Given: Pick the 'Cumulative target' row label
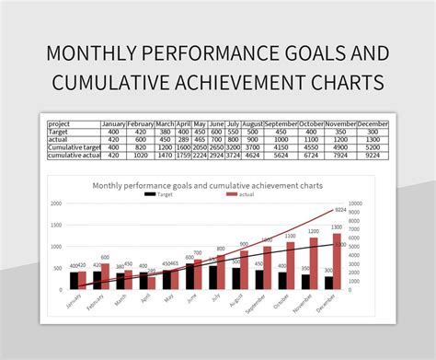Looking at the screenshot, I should click(73, 148).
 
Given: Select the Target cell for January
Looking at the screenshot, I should click(113, 132).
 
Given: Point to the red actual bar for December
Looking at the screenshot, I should click(337, 261).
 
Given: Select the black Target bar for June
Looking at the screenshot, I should click(190, 277).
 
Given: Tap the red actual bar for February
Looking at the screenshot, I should click(105, 277).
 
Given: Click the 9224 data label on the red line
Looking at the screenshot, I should click(339, 210).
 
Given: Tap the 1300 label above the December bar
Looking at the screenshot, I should click(337, 227).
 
